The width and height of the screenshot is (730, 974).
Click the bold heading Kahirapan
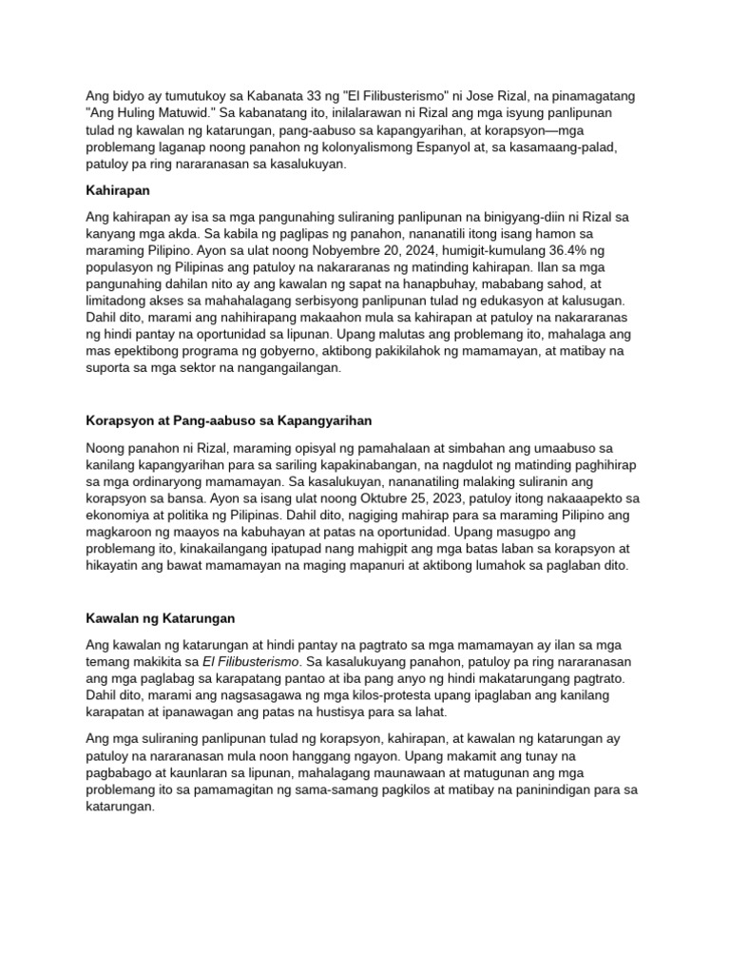[118, 190]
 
